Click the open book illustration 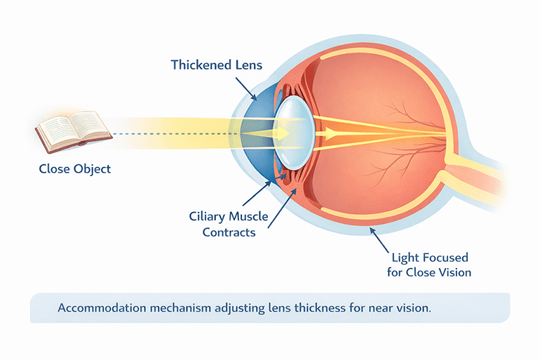[x=73, y=133]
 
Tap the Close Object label [x=74, y=168]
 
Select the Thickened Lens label [x=215, y=65]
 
